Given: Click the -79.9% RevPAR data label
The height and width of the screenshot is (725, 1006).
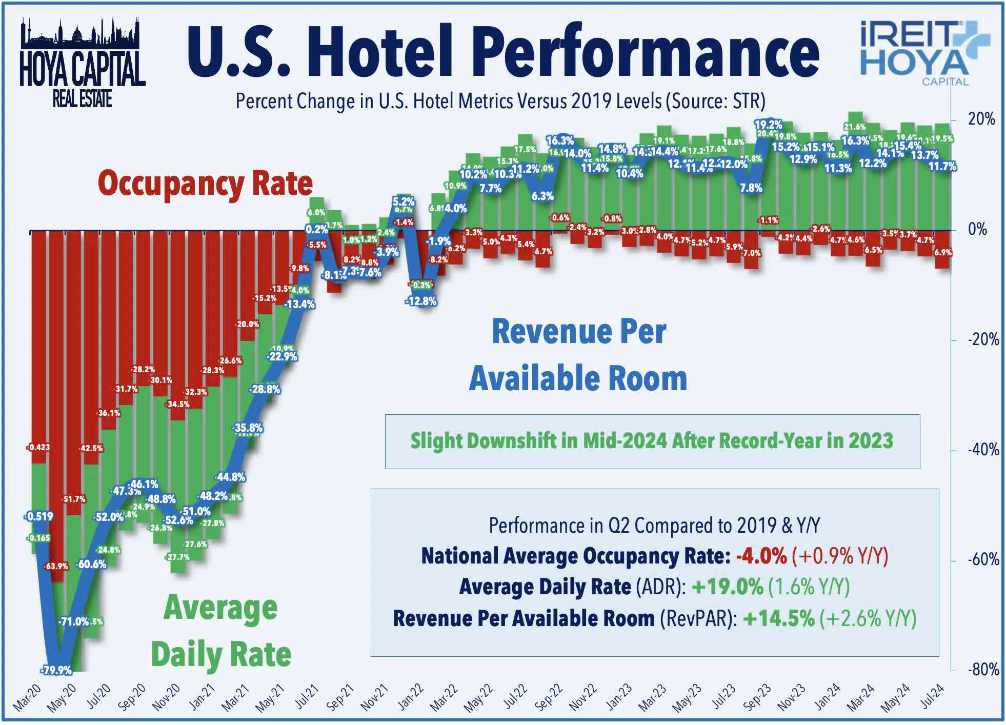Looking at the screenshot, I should click(56, 670).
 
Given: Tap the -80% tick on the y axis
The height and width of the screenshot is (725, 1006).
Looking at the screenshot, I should click(983, 669).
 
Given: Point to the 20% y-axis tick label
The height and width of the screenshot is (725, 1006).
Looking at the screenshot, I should click(981, 119).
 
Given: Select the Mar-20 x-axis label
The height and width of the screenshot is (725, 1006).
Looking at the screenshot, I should click(27, 698).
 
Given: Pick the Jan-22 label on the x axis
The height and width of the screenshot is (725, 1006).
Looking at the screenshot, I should click(410, 697).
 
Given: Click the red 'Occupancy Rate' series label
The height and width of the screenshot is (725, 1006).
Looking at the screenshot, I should click(205, 183).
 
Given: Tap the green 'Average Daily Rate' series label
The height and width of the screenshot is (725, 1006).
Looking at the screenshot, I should click(220, 631).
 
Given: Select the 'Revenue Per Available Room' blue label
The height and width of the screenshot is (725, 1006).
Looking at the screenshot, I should click(578, 355).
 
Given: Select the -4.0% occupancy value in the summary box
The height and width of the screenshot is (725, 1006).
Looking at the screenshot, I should click(761, 556).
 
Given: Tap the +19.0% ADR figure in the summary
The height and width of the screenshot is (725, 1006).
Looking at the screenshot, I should click(727, 587).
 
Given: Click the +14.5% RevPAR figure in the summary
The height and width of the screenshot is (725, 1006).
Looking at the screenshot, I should click(778, 618).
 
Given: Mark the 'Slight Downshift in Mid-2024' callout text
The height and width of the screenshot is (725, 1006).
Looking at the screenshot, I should click(652, 441).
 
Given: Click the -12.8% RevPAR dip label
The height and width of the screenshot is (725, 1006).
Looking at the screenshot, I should click(420, 301).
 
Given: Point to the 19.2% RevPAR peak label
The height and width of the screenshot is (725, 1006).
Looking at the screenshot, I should click(768, 125).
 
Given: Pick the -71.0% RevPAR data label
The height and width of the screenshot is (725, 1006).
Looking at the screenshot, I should click(74, 621).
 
